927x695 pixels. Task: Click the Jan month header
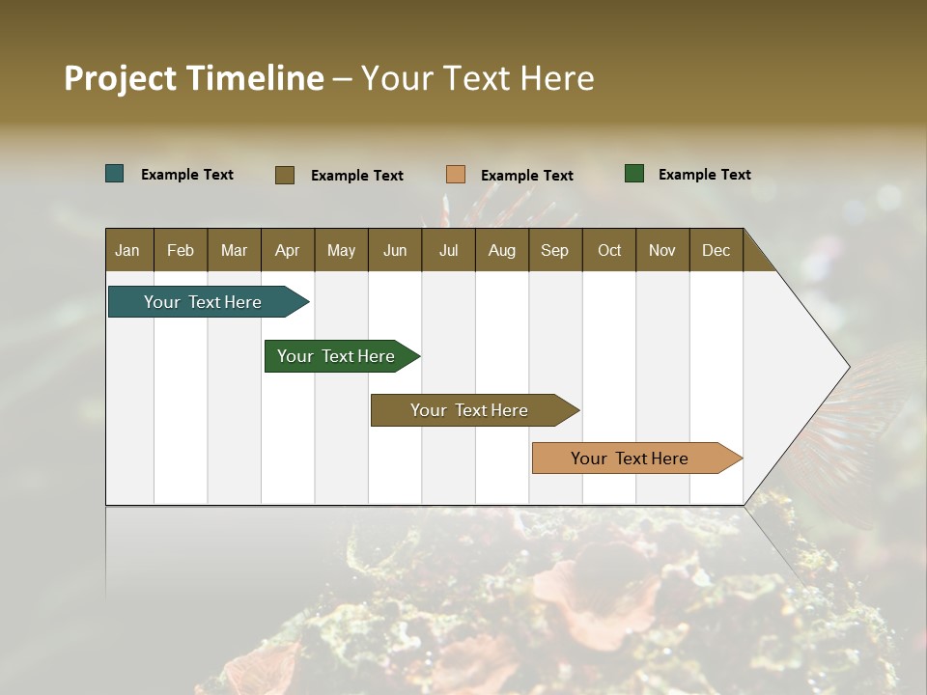[127, 250]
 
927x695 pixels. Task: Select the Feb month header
[181, 250]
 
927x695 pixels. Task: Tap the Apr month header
[288, 250]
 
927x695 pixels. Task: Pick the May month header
[341, 250]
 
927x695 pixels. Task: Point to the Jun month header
[395, 250]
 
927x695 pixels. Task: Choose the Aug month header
[502, 250]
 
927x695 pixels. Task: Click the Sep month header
[555, 250]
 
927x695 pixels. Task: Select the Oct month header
[609, 250]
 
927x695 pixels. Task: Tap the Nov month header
[662, 250]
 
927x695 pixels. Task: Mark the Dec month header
[716, 250]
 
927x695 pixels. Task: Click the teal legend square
[115, 174]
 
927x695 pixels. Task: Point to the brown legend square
[285, 175]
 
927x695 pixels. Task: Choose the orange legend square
[456, 174]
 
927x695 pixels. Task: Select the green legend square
[634, 174]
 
